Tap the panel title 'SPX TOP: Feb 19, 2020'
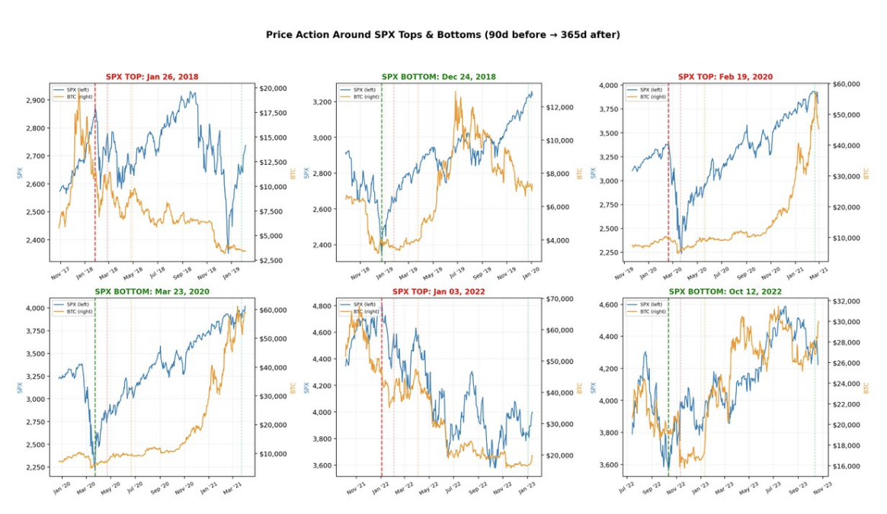tap(725, 77)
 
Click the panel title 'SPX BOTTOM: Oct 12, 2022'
tap(725, 291)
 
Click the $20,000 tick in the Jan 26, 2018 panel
tap(274, 88)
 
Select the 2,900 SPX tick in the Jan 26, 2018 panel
tap(35, 101)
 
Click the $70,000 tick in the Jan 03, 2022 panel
tap(559, 299)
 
